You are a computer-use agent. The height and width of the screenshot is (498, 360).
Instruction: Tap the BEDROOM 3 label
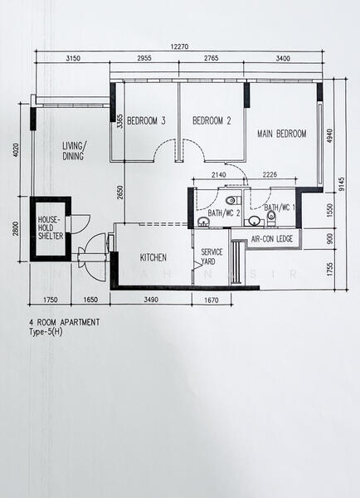[x=146, y=121]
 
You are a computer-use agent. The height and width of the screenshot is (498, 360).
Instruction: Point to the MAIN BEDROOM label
[x=281, y=134]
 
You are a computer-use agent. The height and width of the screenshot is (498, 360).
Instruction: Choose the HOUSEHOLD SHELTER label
[x=50, y=227]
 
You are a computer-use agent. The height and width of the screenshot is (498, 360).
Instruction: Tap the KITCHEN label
[x=153, y=257]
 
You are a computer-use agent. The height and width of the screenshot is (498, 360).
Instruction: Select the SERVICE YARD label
[x=212, y=256]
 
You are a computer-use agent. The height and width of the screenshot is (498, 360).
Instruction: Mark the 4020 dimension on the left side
[x=16, y=150]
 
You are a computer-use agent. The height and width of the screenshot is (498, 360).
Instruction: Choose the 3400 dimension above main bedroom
[x=283, y=59]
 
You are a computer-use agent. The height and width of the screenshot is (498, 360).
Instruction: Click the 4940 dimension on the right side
[x=329, y=134]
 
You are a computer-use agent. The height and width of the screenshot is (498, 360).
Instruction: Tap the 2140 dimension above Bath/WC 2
[x=218, y=176]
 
